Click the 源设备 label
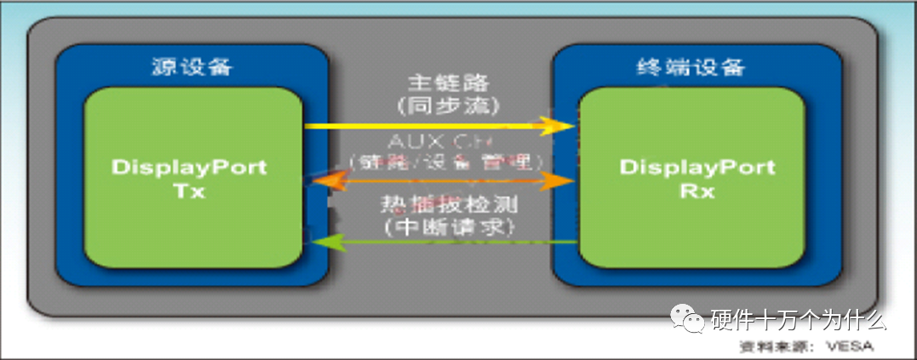coord(192,66)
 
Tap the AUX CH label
coord(438,140)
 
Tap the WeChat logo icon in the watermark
coord(686,319)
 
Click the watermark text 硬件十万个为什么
coord(798,320)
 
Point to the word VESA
coord(846,346)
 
